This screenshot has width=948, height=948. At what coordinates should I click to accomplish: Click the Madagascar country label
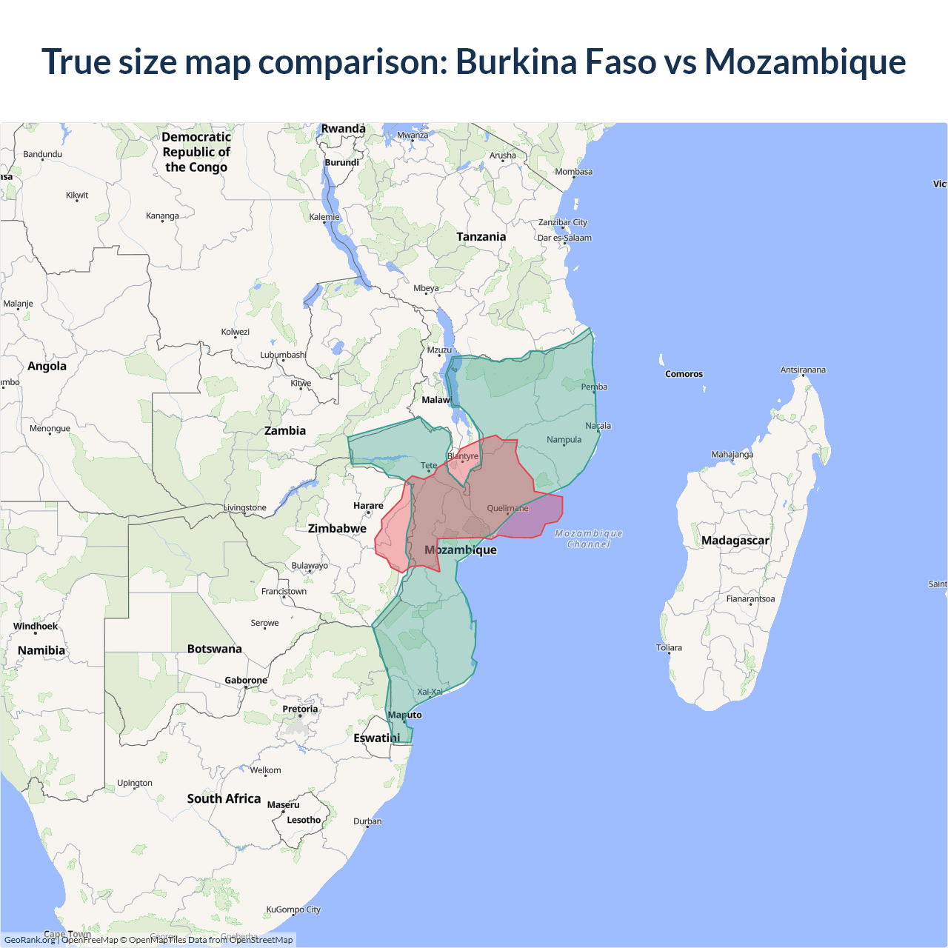pyautogui.click(x=735, y=541)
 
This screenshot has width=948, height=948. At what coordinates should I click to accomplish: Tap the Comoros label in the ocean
pyautogui.click(x=684, y=374)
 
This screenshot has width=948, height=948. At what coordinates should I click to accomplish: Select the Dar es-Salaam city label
pyautogui.click(x=564, y=238)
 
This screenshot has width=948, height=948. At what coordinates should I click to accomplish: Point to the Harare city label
pyautogui.click(x=368, y=506)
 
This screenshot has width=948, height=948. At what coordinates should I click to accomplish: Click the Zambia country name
pyautogui.click(x=285, y=431)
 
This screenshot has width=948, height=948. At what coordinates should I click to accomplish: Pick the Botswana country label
pyautogui.click(x=214, y=649)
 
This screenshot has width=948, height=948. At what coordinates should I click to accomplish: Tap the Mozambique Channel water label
pyautogui.click(x=589, y=538)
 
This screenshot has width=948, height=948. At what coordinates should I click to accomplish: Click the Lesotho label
pyautogui.click(x=304, y=820)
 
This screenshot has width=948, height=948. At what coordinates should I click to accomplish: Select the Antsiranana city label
pyautogui.click(x=803, y=370)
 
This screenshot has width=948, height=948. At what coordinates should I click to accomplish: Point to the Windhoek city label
pyautogui.click(x=36, y=627)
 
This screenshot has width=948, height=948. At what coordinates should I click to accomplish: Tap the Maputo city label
pyautogui.click(x=405, y=715)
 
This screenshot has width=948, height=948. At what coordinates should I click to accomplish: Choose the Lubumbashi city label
pyautogui.click(x=283, y=355)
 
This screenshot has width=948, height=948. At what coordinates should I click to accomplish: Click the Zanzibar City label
pyautogui.click(x=563, y=222)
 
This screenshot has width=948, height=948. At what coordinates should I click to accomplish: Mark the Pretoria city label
pyautogui.click(x=300, y=709)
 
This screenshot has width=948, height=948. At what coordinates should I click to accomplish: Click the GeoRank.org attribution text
pyautogui.click(x=30, y=940)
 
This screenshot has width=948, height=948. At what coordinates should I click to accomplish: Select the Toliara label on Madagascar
pyautogui.click(x=669, y=647)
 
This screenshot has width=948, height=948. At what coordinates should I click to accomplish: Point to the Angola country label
pyautogui.click(x=47, y=367)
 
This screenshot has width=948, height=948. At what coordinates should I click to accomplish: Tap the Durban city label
pyautogui.click(x=367, y=821)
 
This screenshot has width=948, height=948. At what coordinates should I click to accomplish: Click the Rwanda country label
pyautogui.click(x=344, y=129)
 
